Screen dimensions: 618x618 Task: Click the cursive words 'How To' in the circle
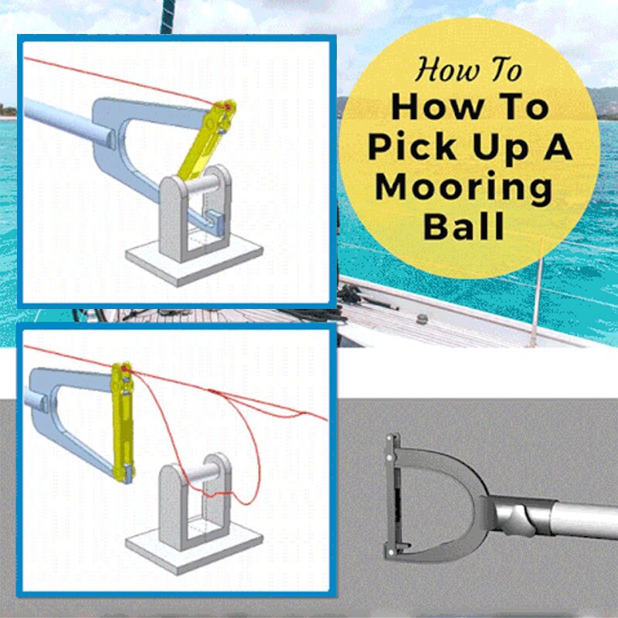pyautogui.click(x=469, y=70)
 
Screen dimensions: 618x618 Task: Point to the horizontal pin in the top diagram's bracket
pyautogui.click(x=202, y=186)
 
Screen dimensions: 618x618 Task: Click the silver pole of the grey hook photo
pyautogui.click(x=572, y=518)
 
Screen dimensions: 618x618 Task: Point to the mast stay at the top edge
pyautogui.click(x=165, y=15)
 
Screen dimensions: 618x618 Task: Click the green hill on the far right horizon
pyautogui.click(x=603, y=98)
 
